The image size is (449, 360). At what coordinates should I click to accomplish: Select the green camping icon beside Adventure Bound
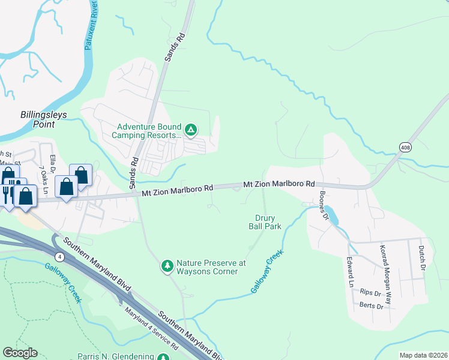(190, 129)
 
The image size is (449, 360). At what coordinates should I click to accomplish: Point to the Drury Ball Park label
(265, 223)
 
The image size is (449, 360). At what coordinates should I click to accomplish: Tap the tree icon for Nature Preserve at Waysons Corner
(167, 265)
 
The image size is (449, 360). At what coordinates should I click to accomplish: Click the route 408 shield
(406, 146)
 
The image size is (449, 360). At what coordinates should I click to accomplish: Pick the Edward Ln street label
(349, 272)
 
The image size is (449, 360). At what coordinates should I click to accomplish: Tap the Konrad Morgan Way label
(384, 268)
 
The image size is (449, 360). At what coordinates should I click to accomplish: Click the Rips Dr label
(371, 293)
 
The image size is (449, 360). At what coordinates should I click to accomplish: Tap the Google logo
(20, 352)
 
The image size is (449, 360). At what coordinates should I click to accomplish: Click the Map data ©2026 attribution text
(423, 355)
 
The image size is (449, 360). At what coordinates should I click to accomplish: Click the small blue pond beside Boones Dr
(332, 215)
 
